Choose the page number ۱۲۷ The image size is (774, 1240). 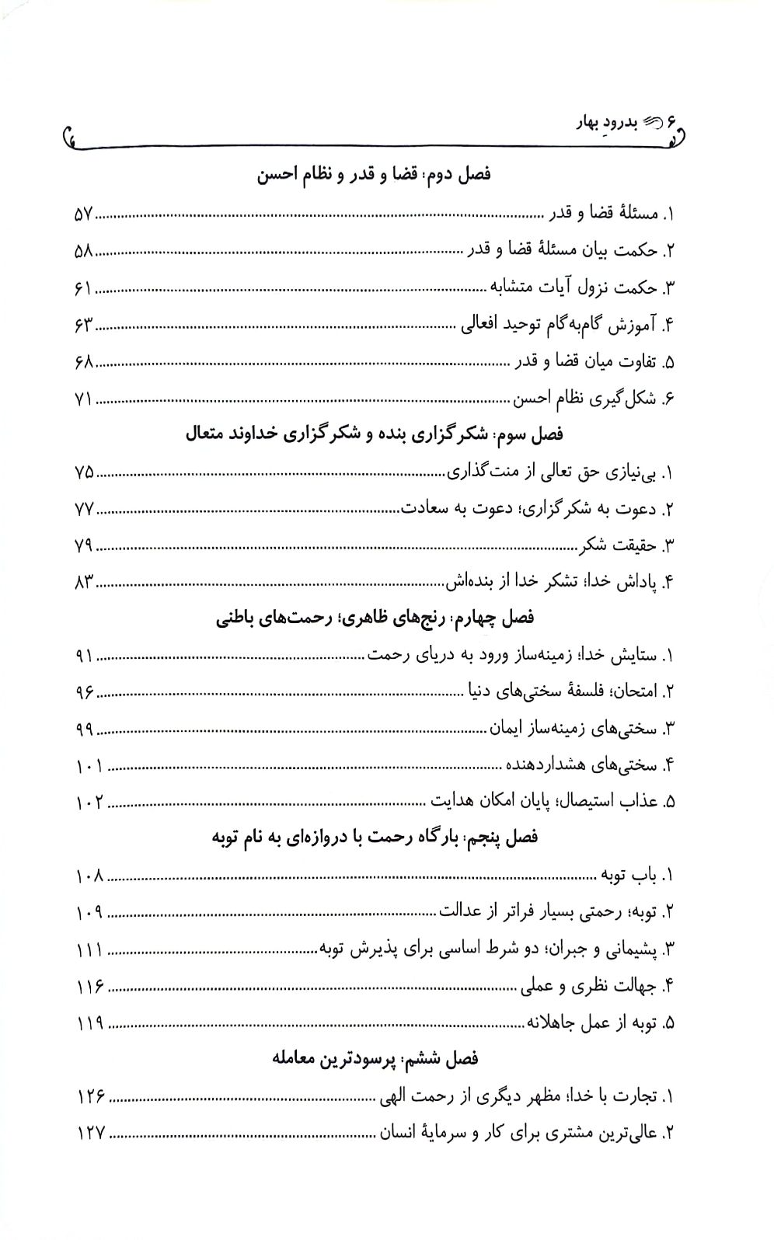click(x=91, y=1134)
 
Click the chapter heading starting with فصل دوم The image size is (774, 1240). click(x=374, y=175)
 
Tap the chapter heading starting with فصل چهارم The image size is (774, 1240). click(x=374, y=618)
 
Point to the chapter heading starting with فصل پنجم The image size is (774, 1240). click(x=375, y=838)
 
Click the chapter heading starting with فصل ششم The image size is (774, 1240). click(x=375, y=1059)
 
